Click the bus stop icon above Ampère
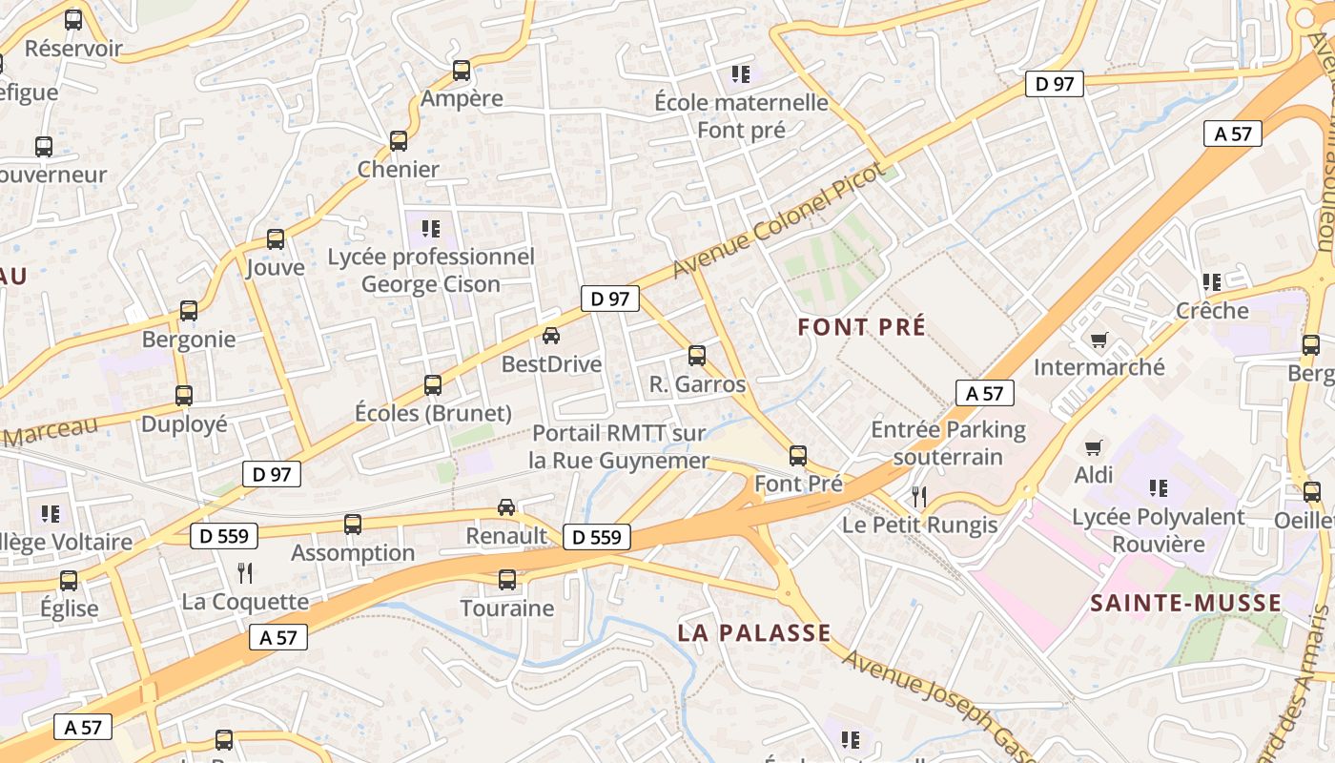pyautogui.click(x=462, y=70)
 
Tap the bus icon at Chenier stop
pyautogui.click(x=399, y=141)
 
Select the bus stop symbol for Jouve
pyautogui.click(x=276, y=239)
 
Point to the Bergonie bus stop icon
pyautogui.click(x=189, y=311)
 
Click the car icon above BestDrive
pyautogui.click(x=551, y=335)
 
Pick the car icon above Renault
pyautogui.click(x=506, y=507)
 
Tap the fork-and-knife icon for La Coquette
pyautogui.click(x=245, y=572)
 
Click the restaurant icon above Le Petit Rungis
pyautogui.click(x=919, y=496)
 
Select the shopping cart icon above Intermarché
pyautogui.click(x=1099, y=340)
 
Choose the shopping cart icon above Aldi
pyautogui.click(x=1094, y=446)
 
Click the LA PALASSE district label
pyautogui.click(x=754, y=632)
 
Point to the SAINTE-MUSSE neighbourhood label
pyautogui.click(x=1186, y=603)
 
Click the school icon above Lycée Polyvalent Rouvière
pyautogui.click(x=1159, y=488)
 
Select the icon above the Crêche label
pyautogui.click(x=1212, y=282)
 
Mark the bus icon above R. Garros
pyautogui.click(x=697, y=356)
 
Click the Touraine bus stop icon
pyautogui.click(x=507, y=580)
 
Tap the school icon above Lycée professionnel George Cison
pyautogui.click(x=431, y=229)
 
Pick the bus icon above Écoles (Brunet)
pyautogui.click(x=433, y=385)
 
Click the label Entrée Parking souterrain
pyautogui.click(x=949, y=443)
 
